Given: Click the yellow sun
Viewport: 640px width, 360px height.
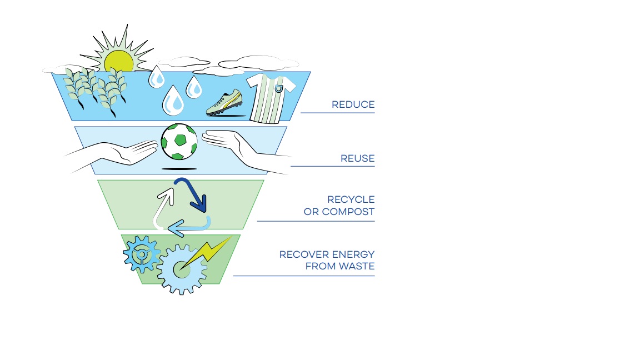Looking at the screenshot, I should [x=119, y=61].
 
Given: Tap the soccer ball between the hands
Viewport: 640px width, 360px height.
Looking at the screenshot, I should [x=179, y=142].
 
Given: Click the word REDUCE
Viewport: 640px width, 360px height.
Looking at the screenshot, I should [x=353, y=104].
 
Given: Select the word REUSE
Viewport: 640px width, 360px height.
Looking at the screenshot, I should [x=357, y=159].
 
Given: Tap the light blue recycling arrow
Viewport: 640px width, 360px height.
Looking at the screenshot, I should [x=191, y=226].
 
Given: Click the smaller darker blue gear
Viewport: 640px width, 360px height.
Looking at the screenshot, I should [x=142, y=254].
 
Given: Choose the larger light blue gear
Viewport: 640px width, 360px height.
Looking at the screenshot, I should [x=181, y=270].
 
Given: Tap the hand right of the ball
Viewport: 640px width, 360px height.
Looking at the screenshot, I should [x=239, y=148].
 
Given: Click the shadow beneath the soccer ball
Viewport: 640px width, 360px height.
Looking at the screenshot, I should [x=179, y=168].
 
